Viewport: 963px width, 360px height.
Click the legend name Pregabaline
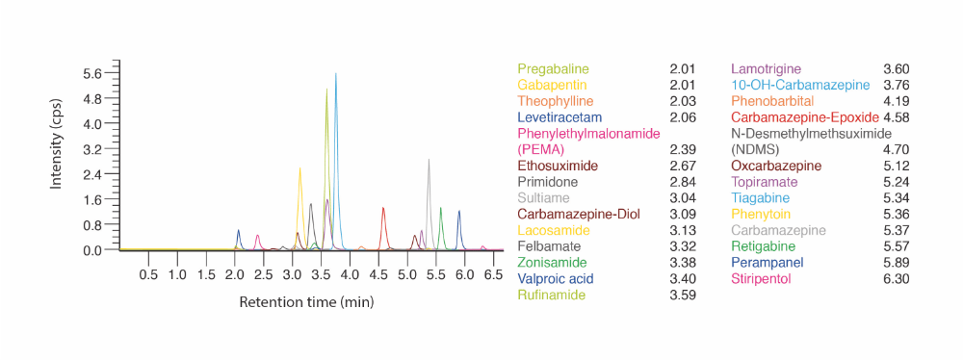(553, 69)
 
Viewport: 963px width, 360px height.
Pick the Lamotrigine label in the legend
(765, 69)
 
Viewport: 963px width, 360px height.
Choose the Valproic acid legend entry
(556, 278)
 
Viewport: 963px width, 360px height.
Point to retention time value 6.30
(896, 278)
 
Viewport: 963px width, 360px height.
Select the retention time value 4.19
(896, 101)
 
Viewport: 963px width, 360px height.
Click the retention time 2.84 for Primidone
(682, 182)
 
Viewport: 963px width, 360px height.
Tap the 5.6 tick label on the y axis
(94, 73)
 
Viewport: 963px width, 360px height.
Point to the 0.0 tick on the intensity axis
(94, 250)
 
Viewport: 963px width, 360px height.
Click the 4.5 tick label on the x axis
(378, 274)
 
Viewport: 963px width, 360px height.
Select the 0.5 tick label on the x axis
(148, 274)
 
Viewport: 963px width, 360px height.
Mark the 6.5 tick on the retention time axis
(493, 274)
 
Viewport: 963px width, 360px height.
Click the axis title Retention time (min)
(305, 302)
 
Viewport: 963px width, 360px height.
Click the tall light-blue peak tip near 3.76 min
(336, 74)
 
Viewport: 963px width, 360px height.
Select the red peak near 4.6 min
(383, 208)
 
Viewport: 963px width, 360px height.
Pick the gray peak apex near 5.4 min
(429, 160)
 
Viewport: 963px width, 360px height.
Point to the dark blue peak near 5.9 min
(459, 211)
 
